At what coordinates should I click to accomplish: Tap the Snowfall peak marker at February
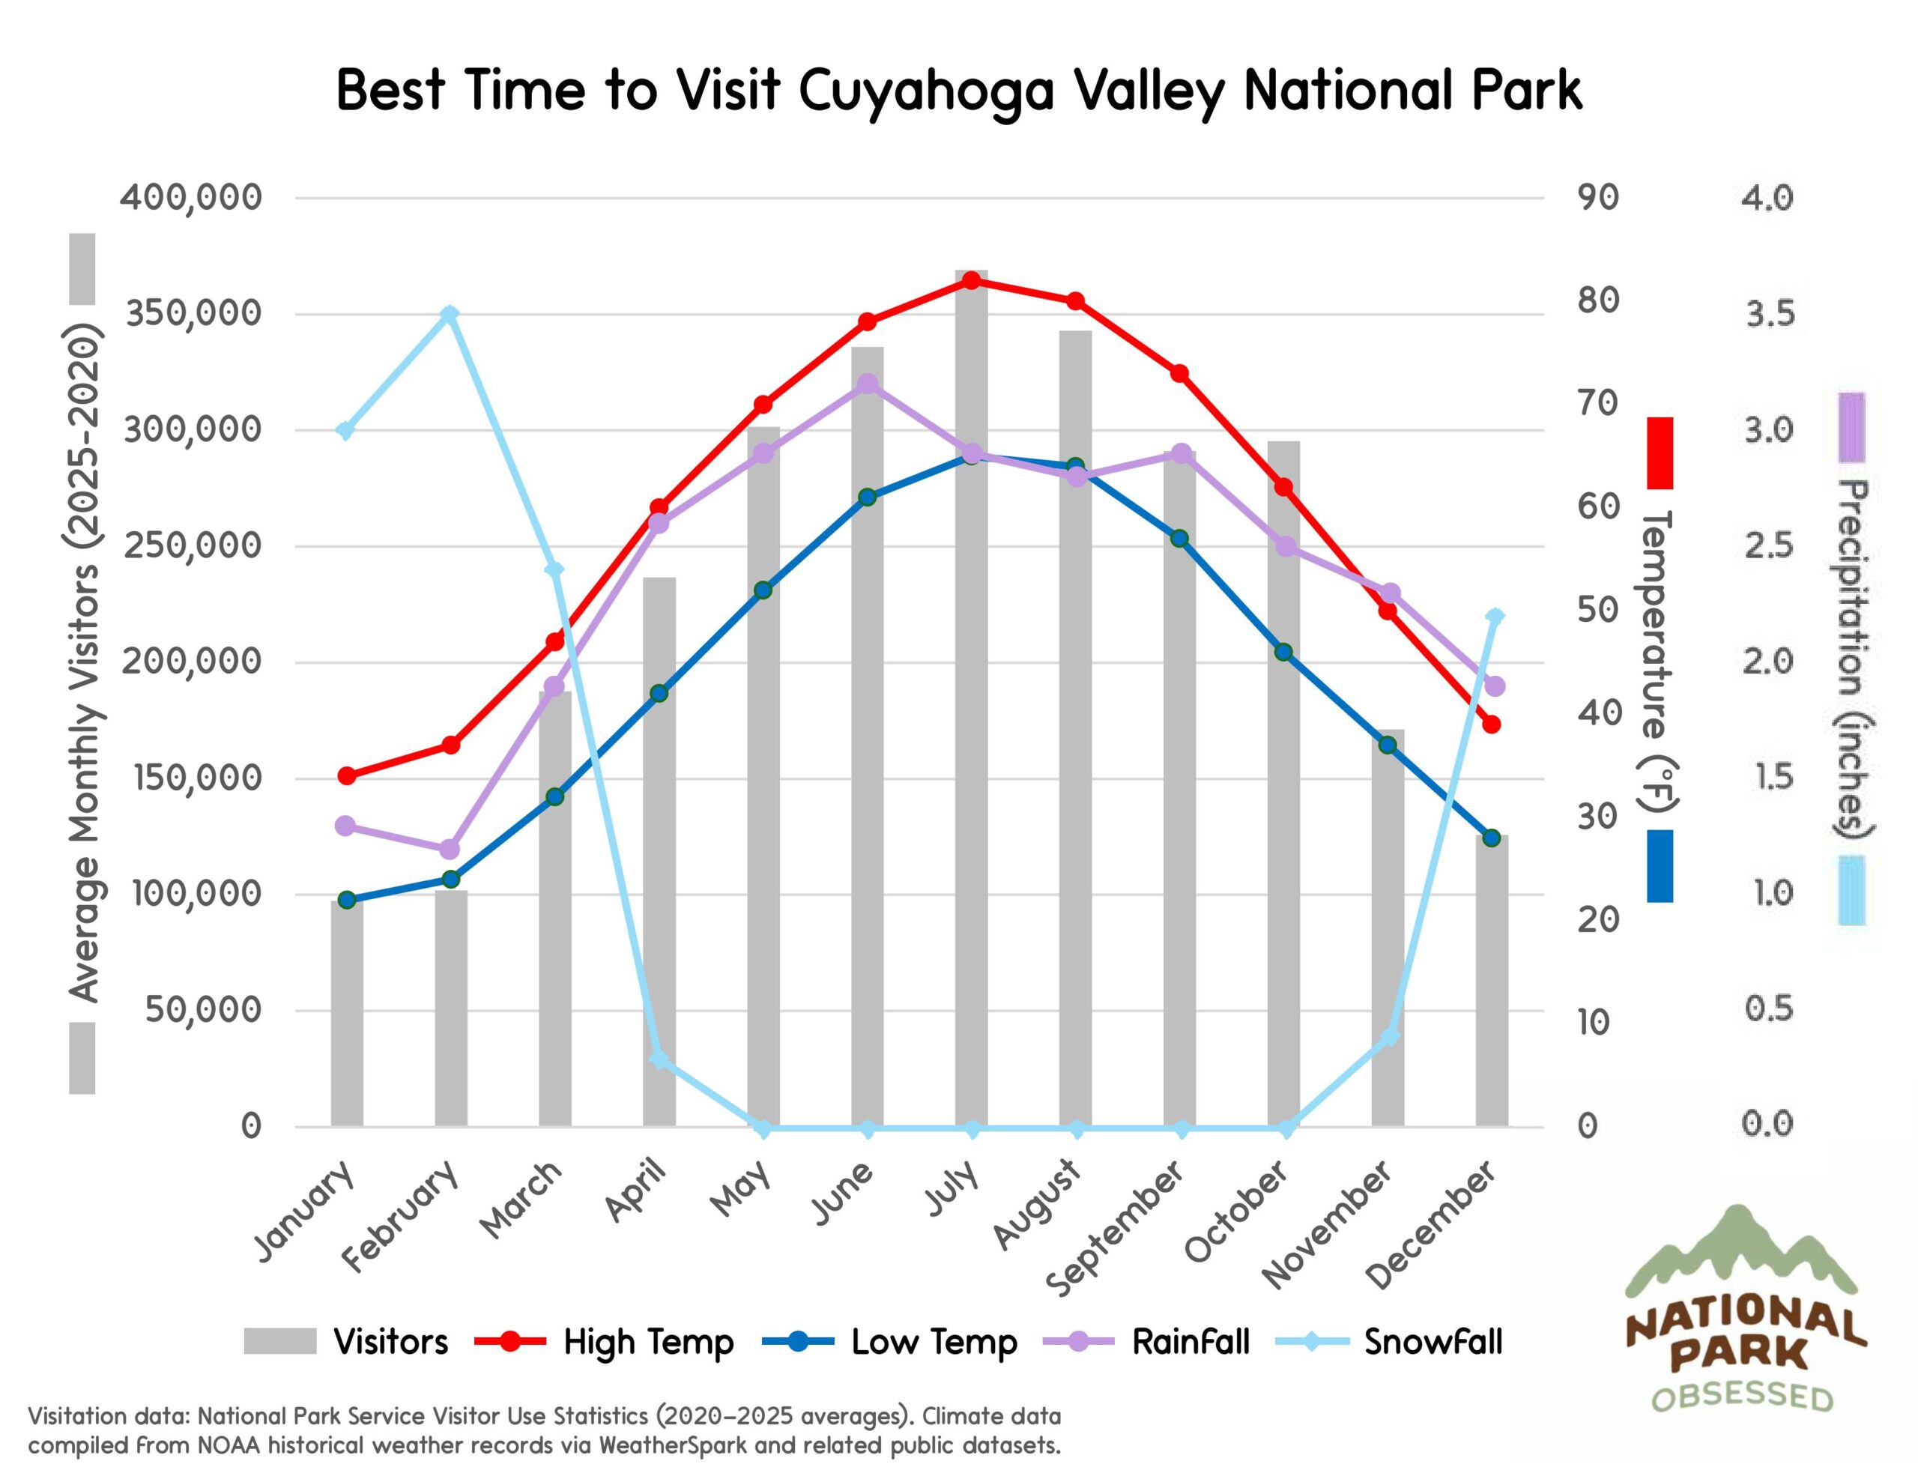coord(450,315)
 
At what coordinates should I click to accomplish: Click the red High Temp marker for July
coord(971,281)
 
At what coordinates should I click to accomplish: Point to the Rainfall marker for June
coord(868,384)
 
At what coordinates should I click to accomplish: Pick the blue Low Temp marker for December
coord(1491,838)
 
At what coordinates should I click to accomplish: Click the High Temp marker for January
coord(347,775)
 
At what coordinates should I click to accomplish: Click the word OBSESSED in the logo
coord(1743,1396)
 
